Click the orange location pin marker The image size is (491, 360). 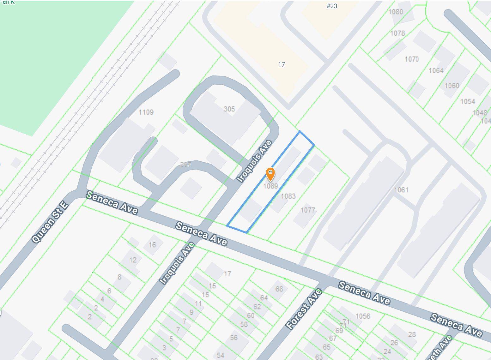pyautogui.click(x=270, y=174)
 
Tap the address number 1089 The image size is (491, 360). pyautogui.click(x=270, y=186)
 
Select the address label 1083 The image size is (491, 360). pyautogui.click(x=288, y=196)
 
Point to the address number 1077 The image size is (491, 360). pyautogui.click(x=308, y=210)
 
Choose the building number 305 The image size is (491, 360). pyautogui.click(x=229, y=109)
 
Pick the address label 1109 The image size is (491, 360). pyautogui.click(x=146, y=112)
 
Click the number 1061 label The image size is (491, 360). pyautogui.click(x=401, y=190)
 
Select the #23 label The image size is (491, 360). pyautogui.click(x=332, y=6)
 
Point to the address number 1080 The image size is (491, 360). pyautogui.click(x=396, y=12)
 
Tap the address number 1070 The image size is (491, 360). pyautogui.click(x=412, y=59)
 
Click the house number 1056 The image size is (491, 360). pyautogui.click(x=363, y=316)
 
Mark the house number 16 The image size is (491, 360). pyautogui.click(x=152, y=245)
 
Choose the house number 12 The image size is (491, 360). pyautogui.click(x=133, y=260)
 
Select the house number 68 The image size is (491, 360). pyautogui.click(x=279, y=289)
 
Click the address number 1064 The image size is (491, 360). pyautogui.click(x=436, y=70)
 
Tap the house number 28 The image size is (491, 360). pyautogui.click(x=412, y=334)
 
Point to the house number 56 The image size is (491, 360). pyautogui.click(x=234, y=338)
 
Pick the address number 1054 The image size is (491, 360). pyautogui.click(x=468, y=101)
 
